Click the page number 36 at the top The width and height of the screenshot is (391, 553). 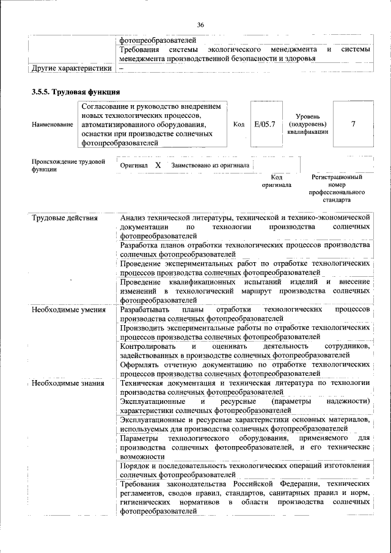[x=200, y=24]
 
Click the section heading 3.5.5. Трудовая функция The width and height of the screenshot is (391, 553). [x=71, y=92]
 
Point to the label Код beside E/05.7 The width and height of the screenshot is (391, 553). [x=239, y=124]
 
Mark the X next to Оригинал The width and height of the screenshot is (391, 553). [x=158, y=165]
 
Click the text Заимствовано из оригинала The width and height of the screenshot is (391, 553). [x=210, y=165]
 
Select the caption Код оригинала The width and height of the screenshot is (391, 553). [x=276, y=180]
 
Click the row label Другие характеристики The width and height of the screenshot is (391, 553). [x=71, y=68]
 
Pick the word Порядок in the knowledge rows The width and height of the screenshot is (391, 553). [x=136, y=466]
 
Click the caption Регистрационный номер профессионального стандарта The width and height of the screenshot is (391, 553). [x=337, y=188]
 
